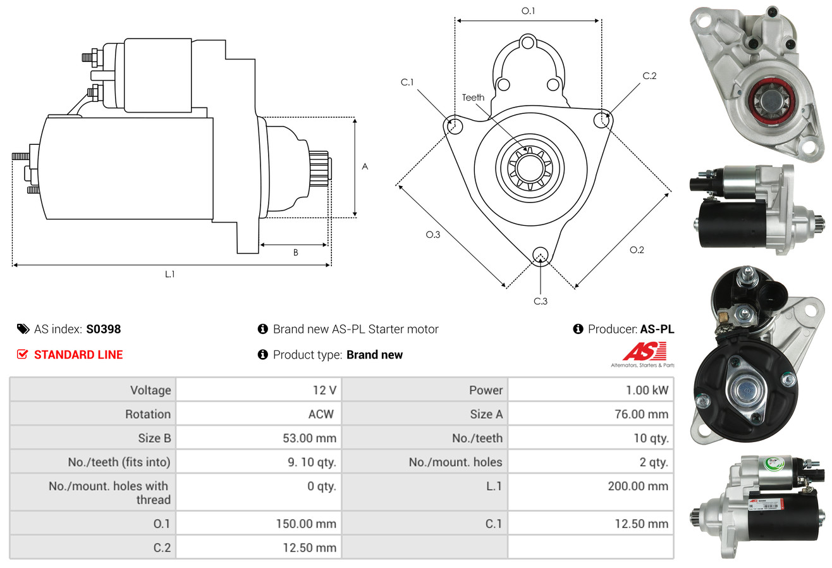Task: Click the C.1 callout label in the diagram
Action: tap(407, 82)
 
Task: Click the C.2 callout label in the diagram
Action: tap(649, 76)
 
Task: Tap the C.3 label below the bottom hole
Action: tap(541, 301)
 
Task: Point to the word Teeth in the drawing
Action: tap(473, 97)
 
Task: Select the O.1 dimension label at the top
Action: tap(528, 11)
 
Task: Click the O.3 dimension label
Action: tap(432, 235)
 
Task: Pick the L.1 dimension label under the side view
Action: tap(170, 274)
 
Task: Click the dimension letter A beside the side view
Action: tap(365, 166)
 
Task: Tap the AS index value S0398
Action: tap(103, 329)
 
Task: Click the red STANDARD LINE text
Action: tap(78, 355)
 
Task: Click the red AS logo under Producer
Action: tap(644, 352)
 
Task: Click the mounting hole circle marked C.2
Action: tap(603, 119)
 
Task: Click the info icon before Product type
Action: tap(263, 355)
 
